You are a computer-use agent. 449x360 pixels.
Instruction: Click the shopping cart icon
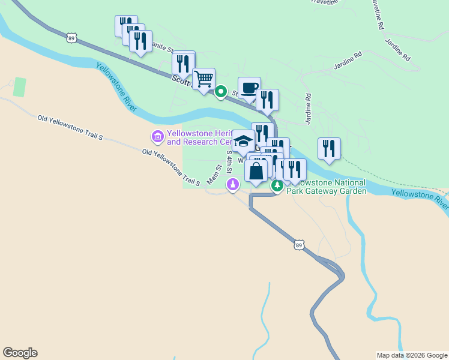204,79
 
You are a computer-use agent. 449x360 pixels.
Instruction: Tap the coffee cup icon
249,88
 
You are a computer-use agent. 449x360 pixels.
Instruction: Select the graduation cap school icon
243,141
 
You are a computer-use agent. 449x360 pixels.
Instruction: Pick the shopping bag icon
256,171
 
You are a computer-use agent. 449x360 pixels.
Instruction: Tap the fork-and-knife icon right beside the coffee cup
267,100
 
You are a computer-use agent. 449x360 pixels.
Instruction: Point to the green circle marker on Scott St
221,92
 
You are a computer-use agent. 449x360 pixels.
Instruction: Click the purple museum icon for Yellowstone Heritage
158,137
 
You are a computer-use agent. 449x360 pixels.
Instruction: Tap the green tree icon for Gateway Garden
277,187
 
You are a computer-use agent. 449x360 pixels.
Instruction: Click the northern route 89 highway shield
72,37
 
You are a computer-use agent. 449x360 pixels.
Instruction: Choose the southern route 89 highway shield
300,244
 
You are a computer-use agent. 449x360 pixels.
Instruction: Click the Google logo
20,353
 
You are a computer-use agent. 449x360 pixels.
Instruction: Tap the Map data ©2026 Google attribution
412,355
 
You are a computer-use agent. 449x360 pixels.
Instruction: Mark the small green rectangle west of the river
20,87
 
